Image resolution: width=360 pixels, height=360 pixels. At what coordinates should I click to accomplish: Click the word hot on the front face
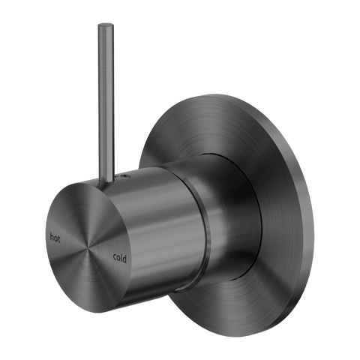(55, 238)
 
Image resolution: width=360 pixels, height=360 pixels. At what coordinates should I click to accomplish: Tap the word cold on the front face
(120, 257)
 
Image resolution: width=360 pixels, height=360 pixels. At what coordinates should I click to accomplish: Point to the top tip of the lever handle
(106, 25)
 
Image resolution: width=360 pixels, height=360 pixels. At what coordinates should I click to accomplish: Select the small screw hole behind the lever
(122, 177)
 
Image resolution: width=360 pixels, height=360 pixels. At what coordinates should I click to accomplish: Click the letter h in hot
(52, 237)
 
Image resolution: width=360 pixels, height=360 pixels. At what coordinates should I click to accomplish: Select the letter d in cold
(124, 259)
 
